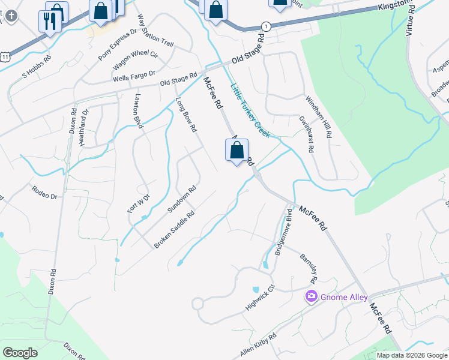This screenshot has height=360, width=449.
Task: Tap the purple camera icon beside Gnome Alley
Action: pos(311,296)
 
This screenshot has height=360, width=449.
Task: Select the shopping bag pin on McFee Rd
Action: pos(237,151)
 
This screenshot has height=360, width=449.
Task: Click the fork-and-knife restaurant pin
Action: pos(49,21)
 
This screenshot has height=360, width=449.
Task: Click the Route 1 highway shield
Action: pos(265,26)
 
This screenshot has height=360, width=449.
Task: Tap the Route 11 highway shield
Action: pos(5,56)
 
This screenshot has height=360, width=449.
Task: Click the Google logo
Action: pos(20,352)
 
